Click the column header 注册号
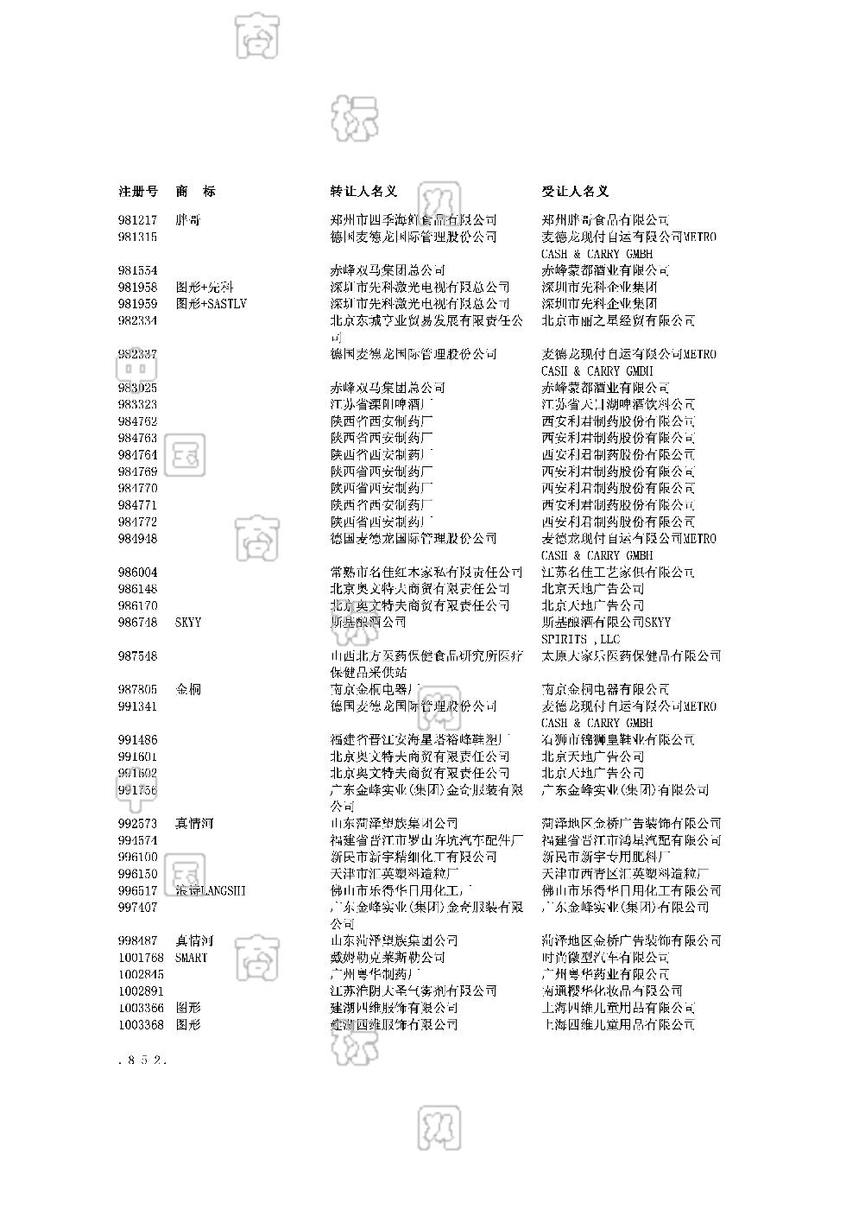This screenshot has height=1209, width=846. (138, 191)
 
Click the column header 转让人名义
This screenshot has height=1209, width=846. (363, 191)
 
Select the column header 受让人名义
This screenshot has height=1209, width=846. (575, 191)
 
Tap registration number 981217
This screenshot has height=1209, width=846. (138, 220)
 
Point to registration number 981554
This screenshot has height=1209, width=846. (138, 270)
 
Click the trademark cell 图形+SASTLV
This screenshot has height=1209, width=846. (211, 304)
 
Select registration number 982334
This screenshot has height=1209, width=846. (138, 320)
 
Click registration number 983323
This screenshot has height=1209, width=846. (138, 404)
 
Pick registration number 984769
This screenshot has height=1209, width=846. (138, 472)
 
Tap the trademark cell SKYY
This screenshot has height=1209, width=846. (188, 623)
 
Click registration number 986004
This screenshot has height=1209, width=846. (138, 573)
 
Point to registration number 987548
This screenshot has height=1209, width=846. (138, 656)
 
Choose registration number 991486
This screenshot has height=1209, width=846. (138, 740)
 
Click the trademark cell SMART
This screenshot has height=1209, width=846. (192, 958)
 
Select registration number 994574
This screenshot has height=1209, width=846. (138, 840)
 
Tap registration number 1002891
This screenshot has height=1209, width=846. (142, 991)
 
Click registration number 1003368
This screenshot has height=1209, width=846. (142, 1025)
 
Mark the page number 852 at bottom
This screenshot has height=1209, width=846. (142, 1060)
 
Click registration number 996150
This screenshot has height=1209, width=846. (138, 874)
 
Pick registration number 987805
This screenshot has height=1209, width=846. (138, 689)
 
